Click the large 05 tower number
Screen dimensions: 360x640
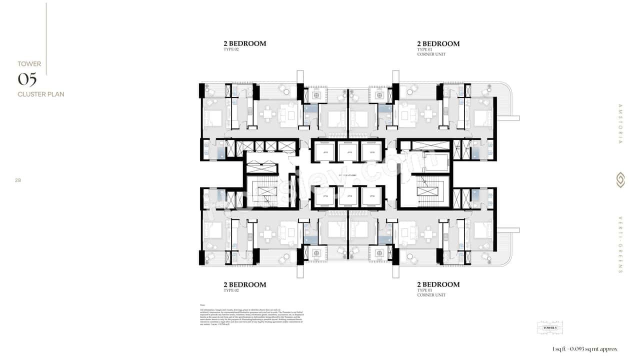27,79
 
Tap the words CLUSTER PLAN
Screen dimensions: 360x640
41,94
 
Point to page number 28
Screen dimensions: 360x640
18,180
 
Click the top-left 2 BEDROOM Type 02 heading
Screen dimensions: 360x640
244,44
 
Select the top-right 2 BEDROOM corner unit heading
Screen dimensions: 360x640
438,44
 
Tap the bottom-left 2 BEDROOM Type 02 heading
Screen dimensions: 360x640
244,285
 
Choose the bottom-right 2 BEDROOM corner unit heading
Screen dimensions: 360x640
438,285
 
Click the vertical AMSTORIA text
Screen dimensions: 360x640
620,124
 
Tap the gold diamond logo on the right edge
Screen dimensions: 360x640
620,180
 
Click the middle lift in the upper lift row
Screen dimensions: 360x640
348,152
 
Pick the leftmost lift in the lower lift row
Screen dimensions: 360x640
325,196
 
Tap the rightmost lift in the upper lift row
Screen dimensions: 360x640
371,152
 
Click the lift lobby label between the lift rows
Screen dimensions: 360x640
348,175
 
